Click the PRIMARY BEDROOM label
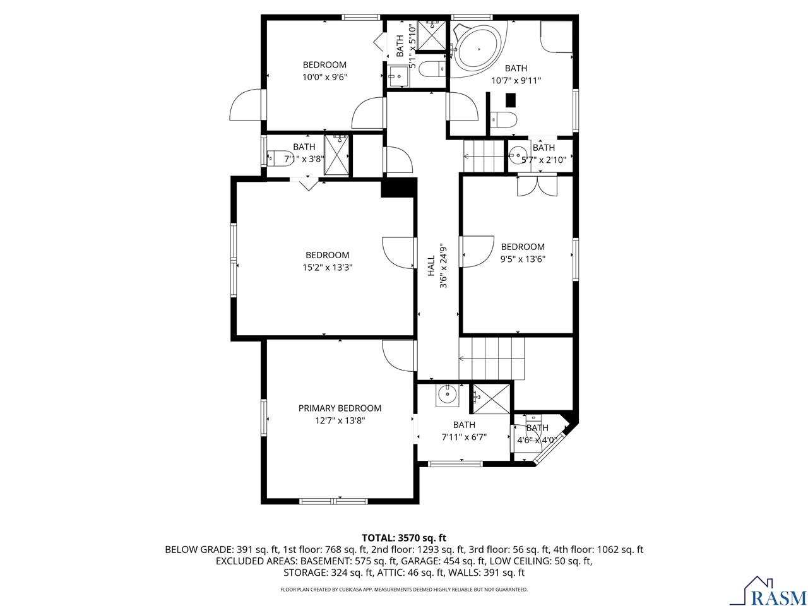[x=340, y=408]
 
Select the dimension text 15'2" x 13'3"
[x=327, y=267]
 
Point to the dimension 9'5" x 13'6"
[x=523, y=258]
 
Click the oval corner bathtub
[x=478, y=49]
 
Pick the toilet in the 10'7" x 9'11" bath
[x=504, y=119]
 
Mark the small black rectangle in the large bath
[x=511, y=100]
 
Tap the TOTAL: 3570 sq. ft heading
[x=404, y=538]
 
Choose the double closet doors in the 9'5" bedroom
[x=537, y=185]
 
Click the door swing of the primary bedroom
[x=397, y=356]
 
